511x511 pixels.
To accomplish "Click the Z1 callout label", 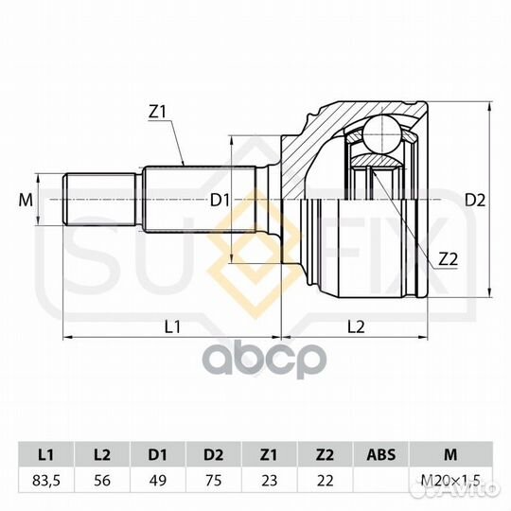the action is coord(157,112).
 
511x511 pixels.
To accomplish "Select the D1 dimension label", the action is coord(220,200).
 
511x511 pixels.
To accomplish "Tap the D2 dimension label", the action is coord(475,200).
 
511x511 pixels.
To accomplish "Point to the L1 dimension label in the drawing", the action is coord(172,326).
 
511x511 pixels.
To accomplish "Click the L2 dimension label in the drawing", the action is coord(356,326).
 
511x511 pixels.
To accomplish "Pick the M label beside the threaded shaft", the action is coord(26,200).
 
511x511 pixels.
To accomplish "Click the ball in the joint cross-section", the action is coord(381,134).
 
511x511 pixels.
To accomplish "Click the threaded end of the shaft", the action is coord(99,199).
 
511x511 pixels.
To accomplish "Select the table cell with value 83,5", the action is coord(46,481).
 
